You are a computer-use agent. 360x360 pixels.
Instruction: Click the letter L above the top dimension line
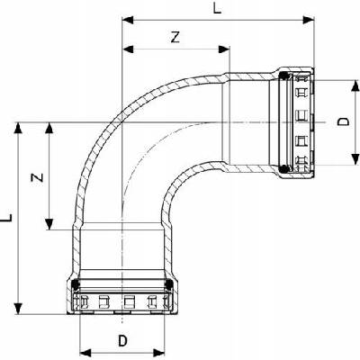tap(217, 8)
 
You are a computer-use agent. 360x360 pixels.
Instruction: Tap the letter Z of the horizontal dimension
tap(175, 37)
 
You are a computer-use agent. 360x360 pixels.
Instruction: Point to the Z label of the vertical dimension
tap(38, 177)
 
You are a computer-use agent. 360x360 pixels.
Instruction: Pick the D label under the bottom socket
tap(122, 341)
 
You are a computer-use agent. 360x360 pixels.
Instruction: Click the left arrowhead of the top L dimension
tap(128, 20)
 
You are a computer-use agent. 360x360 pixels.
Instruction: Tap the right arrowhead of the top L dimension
tap(309, 20)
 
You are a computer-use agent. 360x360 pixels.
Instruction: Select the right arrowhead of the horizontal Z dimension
tap(224, 49)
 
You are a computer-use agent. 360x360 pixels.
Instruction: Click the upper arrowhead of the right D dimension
tap(355, 85)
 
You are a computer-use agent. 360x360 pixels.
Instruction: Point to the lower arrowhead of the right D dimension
tap(355, 159)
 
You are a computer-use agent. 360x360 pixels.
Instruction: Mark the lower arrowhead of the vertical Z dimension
tap(49, 224)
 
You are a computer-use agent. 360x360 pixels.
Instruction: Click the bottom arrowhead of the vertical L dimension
tap(19, 309)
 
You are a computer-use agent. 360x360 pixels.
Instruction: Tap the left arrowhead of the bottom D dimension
tap(85, 352)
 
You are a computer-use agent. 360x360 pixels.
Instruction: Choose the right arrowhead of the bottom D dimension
tap(159, 352)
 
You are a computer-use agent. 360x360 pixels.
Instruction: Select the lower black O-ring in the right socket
tap(283, 169)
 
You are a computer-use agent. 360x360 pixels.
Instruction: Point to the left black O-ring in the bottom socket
tap(76, 283)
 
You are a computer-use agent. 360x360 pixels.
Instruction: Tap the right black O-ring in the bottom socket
tap(169, 283)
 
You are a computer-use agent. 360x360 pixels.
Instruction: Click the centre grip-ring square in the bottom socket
tap(130, 301)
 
